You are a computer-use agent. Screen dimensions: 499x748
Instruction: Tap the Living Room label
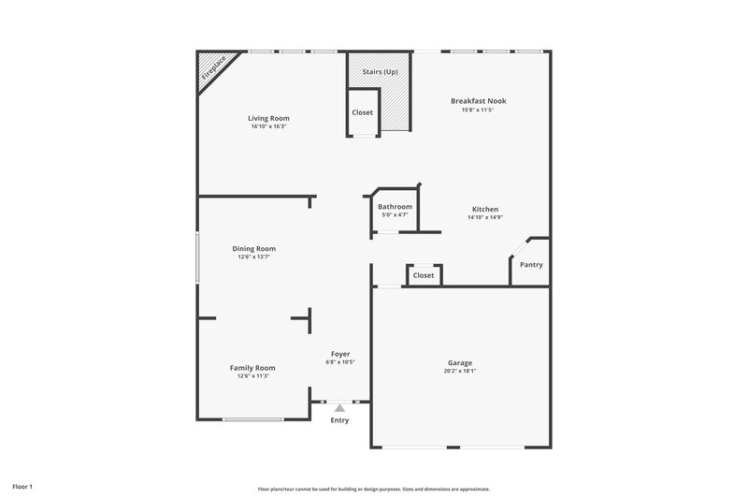click(x=268, y=118)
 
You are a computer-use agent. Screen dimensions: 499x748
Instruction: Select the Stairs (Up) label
click(x=381, y=71)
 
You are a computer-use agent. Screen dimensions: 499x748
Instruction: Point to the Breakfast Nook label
click(x=478, y=100)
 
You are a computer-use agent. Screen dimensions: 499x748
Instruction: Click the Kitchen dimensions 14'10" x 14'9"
click(x=485, y=217)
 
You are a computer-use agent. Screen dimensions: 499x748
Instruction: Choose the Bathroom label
click(x=395, y=207)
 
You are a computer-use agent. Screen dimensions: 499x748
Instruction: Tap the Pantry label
click(x=531, y=265)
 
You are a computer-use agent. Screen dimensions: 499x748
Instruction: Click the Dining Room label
click(x=254, y=248)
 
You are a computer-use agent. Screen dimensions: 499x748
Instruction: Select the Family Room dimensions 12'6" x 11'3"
click(x=252, y=376)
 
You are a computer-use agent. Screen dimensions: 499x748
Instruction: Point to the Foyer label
click(x=340, y=353)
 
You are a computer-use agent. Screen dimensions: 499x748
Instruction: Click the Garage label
click(x=459, y=362)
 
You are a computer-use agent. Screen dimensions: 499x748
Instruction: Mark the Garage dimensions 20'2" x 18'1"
click(x=459, y=371)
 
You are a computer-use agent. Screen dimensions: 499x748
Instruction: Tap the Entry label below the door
click(x=339, y=420)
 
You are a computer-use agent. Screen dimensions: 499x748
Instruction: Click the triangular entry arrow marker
click(x=339, y=407)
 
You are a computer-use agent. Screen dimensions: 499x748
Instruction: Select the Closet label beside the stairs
click(x=362, y=112)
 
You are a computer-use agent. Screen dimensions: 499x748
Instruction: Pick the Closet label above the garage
click(x=424, y=275)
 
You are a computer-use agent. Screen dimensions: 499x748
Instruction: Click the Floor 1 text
click(x=22, y=487)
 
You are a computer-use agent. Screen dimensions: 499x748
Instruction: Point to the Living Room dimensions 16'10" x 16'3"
click(x=268, y=126)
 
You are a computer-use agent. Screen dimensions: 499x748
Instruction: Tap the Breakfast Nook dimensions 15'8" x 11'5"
click(x=477, y=110)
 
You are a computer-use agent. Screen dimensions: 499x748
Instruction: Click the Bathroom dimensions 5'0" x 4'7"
click(x=395, y=215)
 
